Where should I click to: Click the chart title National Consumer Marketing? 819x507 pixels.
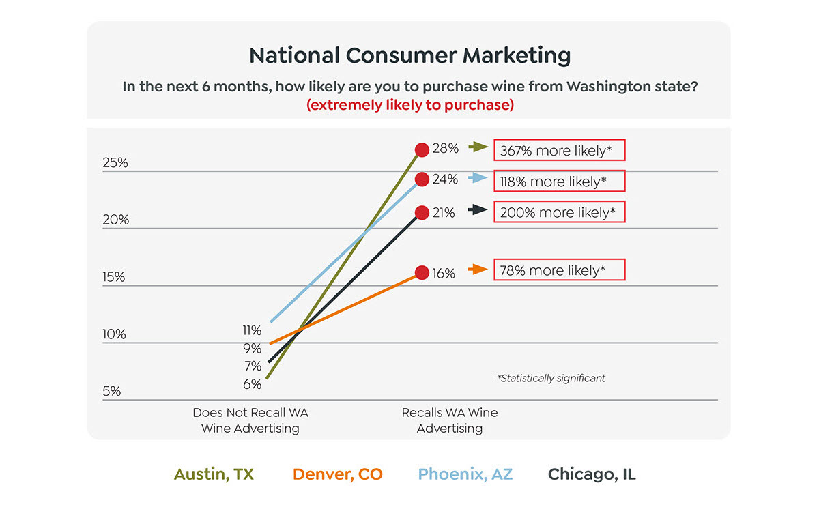click(409, 55)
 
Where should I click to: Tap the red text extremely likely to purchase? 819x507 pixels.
click(409, 106)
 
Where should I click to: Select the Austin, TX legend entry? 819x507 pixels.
click(214, 474)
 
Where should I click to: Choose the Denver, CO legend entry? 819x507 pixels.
click(338, 474)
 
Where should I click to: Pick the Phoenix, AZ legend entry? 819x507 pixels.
click(465, 474)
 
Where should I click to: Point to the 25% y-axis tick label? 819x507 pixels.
click(115, 163)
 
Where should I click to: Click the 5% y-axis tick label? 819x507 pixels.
click(111, 392)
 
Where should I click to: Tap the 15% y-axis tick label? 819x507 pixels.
click(115, 277)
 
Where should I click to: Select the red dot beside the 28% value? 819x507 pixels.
click(422, 149)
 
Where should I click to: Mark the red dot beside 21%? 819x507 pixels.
click(422, 212)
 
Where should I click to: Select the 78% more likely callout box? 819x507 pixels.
click(559, 270)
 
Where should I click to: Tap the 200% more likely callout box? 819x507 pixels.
click(559, 212)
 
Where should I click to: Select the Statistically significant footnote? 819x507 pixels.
click(551, 378)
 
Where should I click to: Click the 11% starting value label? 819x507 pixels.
click(252, 330)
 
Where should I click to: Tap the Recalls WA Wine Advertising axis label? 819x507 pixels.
click(450, 420)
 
